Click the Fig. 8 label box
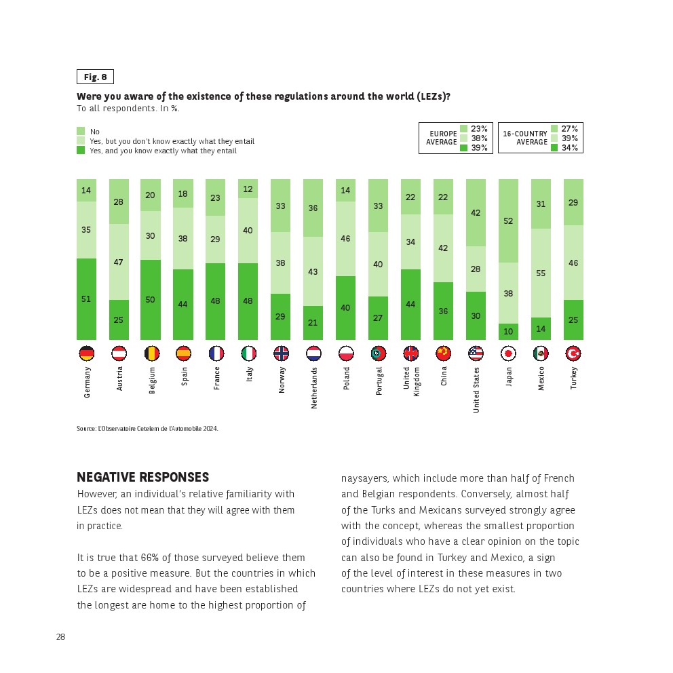click(95, 77)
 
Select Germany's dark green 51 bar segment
click(86, 299)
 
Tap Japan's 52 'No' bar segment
click(509, 221)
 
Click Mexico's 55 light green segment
click(541, 273)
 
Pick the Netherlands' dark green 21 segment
click(313, 322)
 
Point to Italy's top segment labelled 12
click(248, 189)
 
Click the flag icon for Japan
click(509, 353)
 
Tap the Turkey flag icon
click(573, 353)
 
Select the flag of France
click(216, 353)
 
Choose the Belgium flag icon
click(151, 353)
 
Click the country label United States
click(476, 390)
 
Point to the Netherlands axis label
click(314, 387)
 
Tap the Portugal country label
click(379, 381)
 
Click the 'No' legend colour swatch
click(81, 131)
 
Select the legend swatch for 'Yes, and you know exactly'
click(81, 150)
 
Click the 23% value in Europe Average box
click(479, 129)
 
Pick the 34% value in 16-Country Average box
click(569, 148)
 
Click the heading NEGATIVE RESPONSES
click(142, 478)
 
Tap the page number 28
click(60, 636)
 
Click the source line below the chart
click(147, 429)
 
